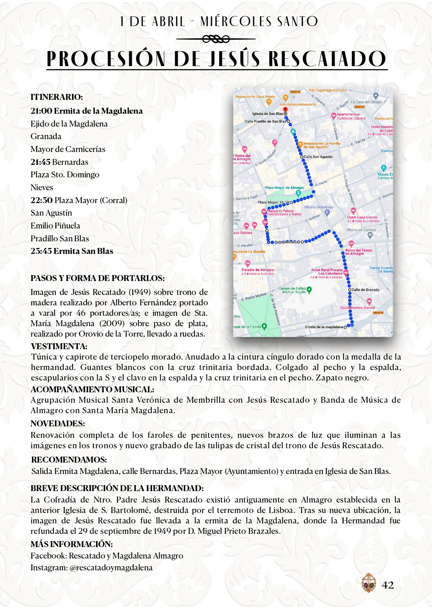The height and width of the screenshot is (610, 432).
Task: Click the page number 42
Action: click(x=387, y=585)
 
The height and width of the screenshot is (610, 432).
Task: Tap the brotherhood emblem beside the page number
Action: click(x=369, y=583)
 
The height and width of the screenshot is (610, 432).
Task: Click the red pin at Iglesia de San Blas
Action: click(x=285, y=110)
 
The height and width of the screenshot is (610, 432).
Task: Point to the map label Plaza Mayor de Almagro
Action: click(x=284, y=188)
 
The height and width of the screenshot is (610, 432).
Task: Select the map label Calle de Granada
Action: click(x=365, y=290)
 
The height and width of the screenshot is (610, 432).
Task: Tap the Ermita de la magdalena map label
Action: click(x=324, y=327)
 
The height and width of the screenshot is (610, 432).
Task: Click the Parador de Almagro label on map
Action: click(x=258, y=270)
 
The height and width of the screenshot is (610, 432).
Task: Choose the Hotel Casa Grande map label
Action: click(x=362, y=217)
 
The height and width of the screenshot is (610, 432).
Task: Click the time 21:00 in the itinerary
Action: click(x=41, y=111)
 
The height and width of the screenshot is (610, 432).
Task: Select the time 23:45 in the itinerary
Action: click(x=41, y=251)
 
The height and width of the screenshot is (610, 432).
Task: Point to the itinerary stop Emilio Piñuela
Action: click(x=55, y=226)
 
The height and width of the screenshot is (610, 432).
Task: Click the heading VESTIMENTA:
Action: click(x=59, y=346)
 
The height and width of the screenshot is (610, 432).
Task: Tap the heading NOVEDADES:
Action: click(x=58, y=424)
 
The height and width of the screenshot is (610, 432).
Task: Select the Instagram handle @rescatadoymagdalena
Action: click(x=111, y=568)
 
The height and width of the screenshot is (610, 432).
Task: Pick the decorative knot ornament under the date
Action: click(x=216, y=39)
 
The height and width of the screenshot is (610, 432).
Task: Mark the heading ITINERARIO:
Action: click(x=57, y=97)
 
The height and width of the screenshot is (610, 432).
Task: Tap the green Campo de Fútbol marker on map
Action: click(x=309, y=289)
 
